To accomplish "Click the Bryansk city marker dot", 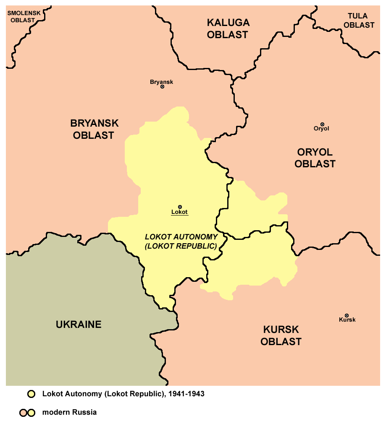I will click(x=163, y=87).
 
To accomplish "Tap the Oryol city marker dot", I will click(x=322, y=124).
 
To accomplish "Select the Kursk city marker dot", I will click(x=347, y=315).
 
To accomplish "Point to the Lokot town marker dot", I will click(x=180, y=207).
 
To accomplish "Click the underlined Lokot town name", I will click(x=179, y=212).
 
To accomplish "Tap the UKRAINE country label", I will click(x=79, y=324).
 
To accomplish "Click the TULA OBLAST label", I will click(x=358, y=21).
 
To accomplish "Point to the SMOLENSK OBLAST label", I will click(x=24, y=16).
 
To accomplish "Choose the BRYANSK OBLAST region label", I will click(x=94, y=129).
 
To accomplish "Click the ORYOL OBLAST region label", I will click(x=315, y=158).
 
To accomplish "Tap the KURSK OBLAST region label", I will click(x=281, y=335).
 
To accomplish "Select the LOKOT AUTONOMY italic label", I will click(x=181, y=241).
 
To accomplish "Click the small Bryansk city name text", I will click(x=161, y=82).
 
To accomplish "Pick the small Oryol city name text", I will click(x=321, y=129).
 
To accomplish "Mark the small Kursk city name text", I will click(x=347, y=320).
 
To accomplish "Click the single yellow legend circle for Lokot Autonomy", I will click(x=31, y=394).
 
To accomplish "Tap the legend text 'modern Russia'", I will click(x=69, y=412).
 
